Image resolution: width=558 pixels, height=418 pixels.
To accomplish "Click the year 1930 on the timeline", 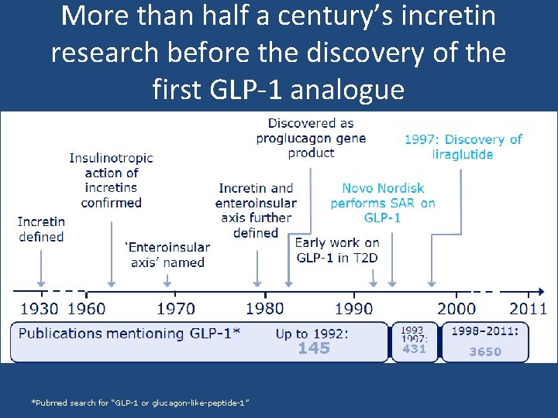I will (39, 309).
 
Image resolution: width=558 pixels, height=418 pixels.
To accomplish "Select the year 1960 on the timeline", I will (87, 309).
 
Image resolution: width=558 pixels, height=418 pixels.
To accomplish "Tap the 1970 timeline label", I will (175, 309).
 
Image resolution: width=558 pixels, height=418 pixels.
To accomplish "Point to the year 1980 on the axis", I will (265, 309).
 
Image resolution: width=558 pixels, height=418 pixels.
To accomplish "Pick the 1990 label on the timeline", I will (354, 309).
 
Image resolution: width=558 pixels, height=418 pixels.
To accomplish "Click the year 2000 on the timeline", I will (456, 309).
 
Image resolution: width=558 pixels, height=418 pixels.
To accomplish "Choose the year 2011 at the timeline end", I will (528, 309).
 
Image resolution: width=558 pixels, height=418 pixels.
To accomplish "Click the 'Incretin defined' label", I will (41, 229).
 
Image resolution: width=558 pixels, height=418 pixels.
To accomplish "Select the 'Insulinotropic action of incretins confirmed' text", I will (112, 180).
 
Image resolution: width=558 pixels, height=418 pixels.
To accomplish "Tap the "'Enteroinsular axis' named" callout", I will (167, 255).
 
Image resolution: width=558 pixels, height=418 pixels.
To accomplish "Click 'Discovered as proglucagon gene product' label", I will (311, 138).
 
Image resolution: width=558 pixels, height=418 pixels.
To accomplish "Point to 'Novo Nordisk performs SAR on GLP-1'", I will (383, 203).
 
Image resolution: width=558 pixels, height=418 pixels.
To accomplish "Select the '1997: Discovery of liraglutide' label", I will (463, 146).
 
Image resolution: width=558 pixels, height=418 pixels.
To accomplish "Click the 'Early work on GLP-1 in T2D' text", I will (337, 250).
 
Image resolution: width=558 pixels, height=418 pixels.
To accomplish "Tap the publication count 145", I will (314, 348).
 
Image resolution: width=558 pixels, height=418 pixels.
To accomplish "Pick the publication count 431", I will (415, 349).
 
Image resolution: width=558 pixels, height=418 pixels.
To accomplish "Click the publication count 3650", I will (485, 351).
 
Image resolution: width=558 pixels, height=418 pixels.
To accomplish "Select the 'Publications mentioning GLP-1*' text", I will (129, 333).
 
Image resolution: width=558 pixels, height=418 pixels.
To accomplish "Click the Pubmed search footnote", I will (139, 403).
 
